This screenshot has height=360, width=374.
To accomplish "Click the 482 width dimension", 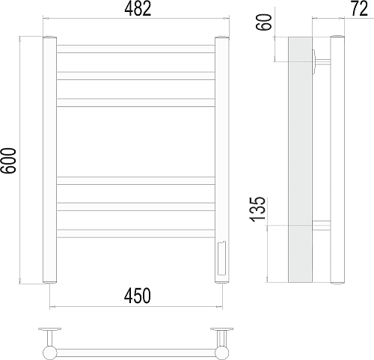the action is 138,10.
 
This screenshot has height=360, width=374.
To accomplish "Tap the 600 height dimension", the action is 8,160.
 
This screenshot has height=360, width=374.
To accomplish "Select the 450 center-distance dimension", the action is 138,296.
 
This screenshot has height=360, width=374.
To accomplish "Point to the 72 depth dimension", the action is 359,9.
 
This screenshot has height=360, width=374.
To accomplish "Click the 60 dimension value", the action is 264,22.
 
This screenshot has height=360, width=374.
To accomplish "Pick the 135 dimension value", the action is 258,210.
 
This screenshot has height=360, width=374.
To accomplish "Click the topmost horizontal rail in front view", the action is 136,49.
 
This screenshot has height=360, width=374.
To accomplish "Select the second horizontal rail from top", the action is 136,76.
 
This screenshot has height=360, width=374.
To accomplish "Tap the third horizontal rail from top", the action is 136,103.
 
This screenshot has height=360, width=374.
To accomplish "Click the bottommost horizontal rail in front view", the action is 136,234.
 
